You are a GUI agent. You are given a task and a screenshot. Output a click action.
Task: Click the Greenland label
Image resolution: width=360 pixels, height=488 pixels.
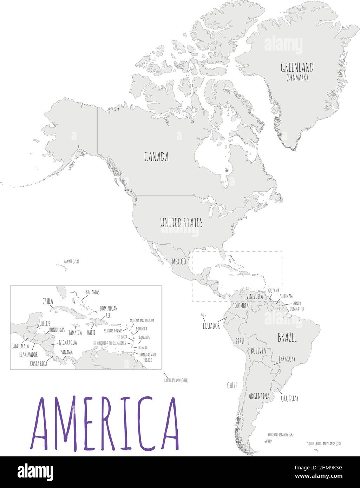(x=297, y=67)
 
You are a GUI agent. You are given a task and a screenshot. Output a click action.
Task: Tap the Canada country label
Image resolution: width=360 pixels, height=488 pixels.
(x=156, y=157)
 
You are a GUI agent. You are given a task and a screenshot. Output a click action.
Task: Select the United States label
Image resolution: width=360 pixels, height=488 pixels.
(x=181, y=223)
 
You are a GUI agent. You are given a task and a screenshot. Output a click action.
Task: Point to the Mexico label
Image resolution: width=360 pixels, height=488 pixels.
(x=179, y=262)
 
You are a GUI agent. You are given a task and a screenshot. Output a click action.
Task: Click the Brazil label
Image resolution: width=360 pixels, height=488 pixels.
(x=287, y=338)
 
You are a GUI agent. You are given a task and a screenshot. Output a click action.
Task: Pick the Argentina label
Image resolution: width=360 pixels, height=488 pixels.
(x=259, y=396)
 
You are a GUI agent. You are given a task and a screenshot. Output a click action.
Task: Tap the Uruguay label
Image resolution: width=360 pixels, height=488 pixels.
(x=289, y=398)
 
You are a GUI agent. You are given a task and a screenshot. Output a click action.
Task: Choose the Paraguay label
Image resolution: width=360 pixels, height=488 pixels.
(x=287, y=359)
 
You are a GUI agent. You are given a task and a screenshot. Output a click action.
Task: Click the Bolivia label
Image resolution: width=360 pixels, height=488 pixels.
(x=258, y=351)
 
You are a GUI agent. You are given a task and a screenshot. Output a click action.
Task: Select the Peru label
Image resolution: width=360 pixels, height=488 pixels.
(x=240, y=341)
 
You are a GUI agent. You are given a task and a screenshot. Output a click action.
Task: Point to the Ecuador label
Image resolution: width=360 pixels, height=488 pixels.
(x=211, y=326)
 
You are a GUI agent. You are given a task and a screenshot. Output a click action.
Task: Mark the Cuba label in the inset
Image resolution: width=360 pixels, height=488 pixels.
(x=48, y=301)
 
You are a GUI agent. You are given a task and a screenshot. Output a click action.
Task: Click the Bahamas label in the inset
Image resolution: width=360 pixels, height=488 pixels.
(x=92, y=292)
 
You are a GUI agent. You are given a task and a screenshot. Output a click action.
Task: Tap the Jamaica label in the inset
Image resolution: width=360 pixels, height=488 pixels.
(x=75, y=332)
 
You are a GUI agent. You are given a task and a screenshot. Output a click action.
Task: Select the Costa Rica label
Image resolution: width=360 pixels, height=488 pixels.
(x=38, y=364)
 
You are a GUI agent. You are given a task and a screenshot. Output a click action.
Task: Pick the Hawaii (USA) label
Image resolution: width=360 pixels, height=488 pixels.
(x=71, y=261)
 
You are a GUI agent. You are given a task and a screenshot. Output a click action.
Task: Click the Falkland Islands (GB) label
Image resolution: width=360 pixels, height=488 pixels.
(x=280, y=435)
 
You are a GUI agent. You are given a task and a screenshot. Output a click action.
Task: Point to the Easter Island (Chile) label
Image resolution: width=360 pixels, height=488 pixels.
(x=176, y=380)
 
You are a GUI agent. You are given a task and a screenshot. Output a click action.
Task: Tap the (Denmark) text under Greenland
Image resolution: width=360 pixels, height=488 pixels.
(x=297, y=78)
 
